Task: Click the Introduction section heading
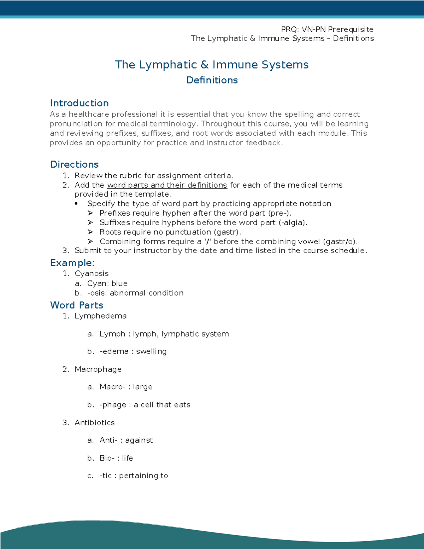pos(79,103)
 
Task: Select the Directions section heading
pos(74,164)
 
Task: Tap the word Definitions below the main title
pos(212,80)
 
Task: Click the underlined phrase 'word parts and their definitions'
pos(167,185)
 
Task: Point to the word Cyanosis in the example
pos(92,274)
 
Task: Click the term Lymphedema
pos(100,316)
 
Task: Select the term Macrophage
pos(98,369)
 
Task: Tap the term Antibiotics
pos(94,423)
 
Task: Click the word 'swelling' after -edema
pos(151,352)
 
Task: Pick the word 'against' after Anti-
pos(139,440)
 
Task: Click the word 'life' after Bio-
pos(128,458)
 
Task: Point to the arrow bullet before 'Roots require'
pos(90,232)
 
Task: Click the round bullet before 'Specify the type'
pos(76,204)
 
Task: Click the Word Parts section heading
pos(76,305)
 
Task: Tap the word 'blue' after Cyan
pos(119,284)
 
